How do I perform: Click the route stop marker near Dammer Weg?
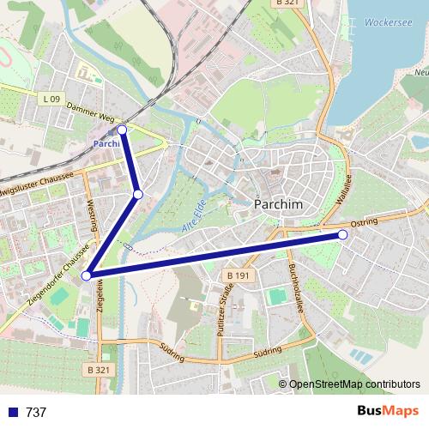(x=122, y=129)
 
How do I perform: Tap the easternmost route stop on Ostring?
(x=342, y=234)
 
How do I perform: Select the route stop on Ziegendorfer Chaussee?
(x=86, y=275)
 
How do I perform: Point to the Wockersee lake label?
(x=384, y=22)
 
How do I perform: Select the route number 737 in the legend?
(x=36, y=412)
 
